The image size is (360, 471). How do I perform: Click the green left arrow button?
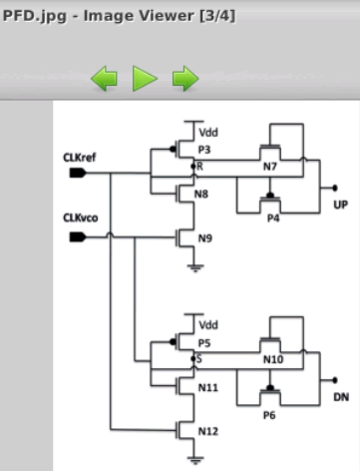105,78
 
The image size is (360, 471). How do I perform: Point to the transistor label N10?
273,357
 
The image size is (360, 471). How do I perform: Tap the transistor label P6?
269,413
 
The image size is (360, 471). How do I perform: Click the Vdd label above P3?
208,132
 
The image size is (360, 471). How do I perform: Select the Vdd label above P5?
208,325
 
